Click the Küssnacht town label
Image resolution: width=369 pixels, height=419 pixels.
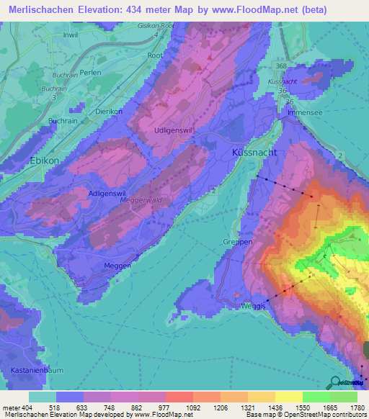(255, 153)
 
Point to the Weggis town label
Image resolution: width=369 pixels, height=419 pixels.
(254, 306)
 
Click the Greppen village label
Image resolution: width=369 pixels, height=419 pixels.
(237, 242)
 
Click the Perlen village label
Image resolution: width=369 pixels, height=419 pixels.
(92, 73)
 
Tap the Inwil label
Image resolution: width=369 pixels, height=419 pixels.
(71, 34)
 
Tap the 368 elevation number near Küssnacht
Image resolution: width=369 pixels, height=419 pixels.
(280, 66)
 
